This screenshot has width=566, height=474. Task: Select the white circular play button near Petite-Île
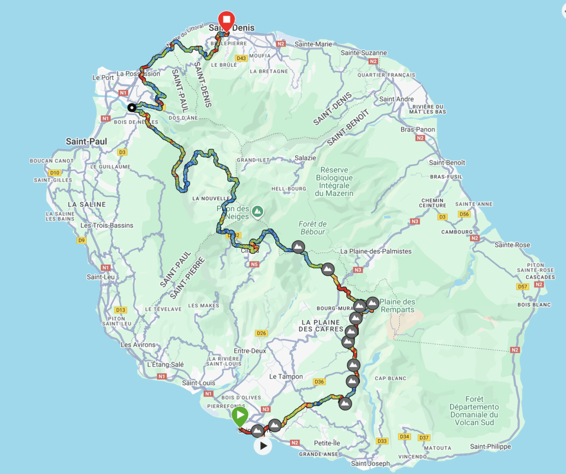(x=263, y=445)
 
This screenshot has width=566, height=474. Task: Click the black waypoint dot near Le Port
(x=132, y=108)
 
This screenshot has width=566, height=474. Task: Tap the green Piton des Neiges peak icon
(x=258, y=211)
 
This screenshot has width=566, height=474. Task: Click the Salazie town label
(x=306, y=158)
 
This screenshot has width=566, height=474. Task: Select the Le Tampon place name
(x=286, y=377)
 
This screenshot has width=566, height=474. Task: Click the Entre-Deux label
(x=250, y=351)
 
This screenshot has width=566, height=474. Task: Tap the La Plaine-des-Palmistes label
(x=376, y=252)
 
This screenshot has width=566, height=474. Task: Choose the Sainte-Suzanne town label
(x=364, y=53)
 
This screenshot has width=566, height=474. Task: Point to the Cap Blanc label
(x=390, y=379)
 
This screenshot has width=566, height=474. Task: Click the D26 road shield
(x=261, y=333)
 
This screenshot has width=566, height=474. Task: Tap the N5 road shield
(x=254, y=265)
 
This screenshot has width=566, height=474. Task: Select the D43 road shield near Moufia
(x=240, y=58)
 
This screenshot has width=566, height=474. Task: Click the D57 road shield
(x=522, y=286)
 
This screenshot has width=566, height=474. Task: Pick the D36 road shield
(x=319, y=382)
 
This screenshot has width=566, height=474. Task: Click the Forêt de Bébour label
(x=312, y=228)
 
